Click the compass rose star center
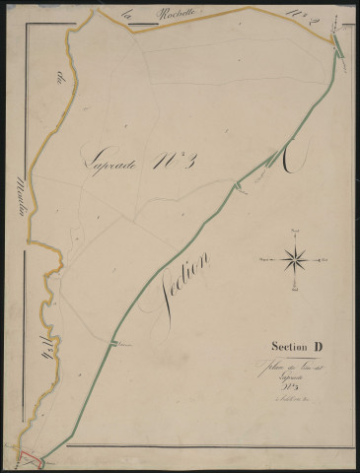click(295, 260)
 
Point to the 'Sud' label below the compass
click(295, 291)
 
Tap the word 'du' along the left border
click(60, 82)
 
